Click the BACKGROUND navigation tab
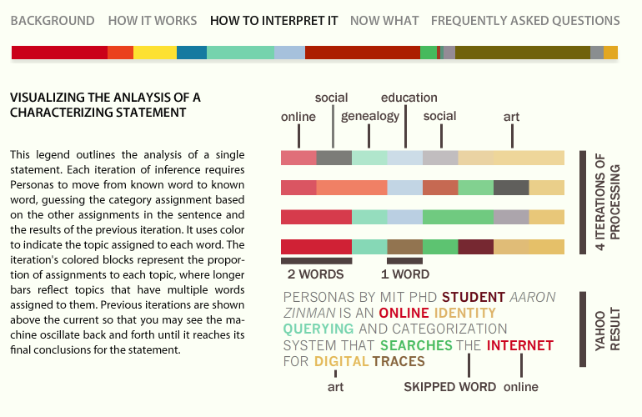point(53,21)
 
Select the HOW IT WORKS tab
point(153,21)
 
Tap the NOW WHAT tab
point(384,21)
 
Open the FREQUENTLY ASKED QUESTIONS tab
point(525,21)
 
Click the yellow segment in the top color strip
point(155,53)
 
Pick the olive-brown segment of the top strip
point(523,53)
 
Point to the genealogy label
point(370,116)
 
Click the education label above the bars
point(409,98)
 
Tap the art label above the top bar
point(511,117)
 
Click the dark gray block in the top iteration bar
point(334,158)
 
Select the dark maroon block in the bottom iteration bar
point(476,247)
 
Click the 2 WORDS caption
point(315,274)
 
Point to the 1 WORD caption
point(405,274)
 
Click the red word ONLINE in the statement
point(404,313)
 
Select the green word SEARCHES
point(416,345)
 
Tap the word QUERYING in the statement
point(318,329)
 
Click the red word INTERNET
point(520,345)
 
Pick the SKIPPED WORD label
point(449,387)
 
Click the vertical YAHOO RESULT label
point(608,329)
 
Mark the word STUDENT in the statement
point(474,297)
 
